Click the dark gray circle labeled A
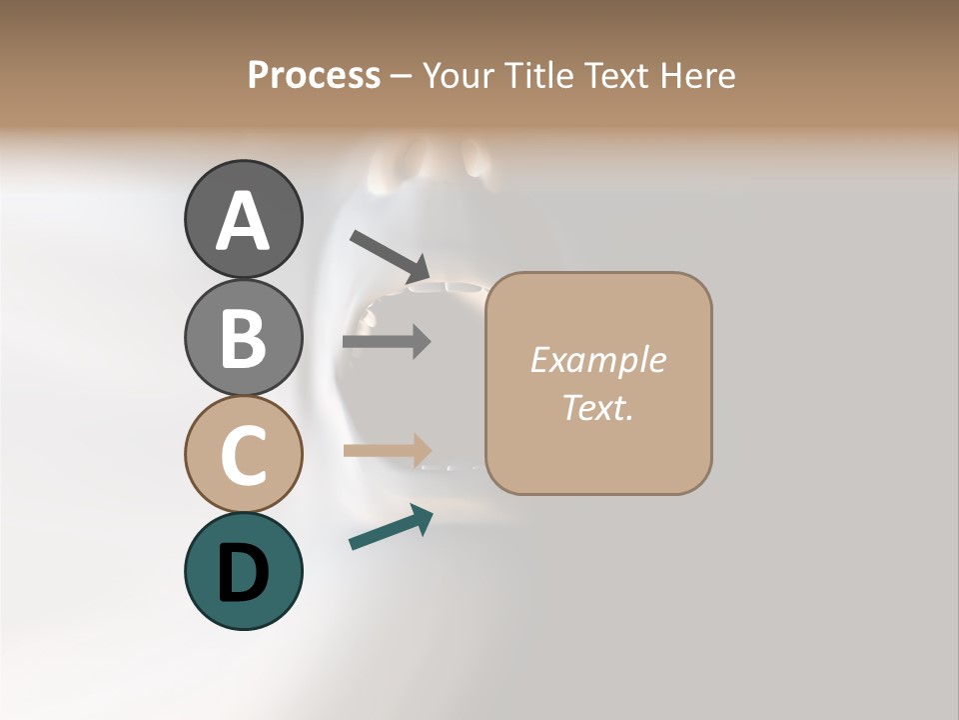[243, 219]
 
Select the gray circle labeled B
[243, 337]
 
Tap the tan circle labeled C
[243, 454]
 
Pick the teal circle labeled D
[243, 571]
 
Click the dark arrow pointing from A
[390, 256]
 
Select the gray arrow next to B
[387, 341]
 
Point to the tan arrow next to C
[388, 450]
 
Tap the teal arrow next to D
[391, 527]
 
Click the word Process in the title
[314, 76]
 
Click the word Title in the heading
[539, 76]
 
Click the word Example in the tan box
[597, 360]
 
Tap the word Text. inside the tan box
[597, 408]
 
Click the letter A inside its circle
[243, 221]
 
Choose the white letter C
[243, 455]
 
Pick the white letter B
[243, 338]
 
